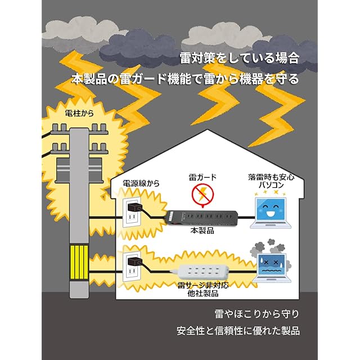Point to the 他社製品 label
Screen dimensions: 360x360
[x=202, y=294]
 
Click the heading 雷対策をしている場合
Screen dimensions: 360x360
[x=238, y=58]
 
